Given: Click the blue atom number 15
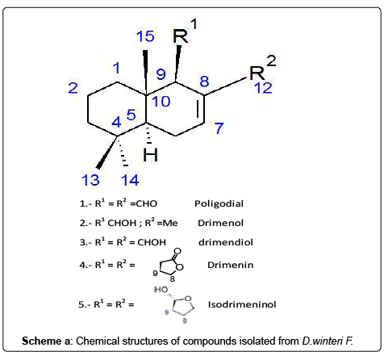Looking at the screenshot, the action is (145, 36).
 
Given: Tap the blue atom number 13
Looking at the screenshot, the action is (90, 180).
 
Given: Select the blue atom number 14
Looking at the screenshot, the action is (130, 180).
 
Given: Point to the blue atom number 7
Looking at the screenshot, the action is (219, 128).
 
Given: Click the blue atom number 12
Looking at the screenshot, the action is (263, 88).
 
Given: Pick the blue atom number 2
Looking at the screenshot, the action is (73, 88).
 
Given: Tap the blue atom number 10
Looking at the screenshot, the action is (161, 101).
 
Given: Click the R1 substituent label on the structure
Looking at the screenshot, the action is (185, 31).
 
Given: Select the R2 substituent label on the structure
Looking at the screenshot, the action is (262, 68).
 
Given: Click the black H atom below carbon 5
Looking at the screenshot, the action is (150, 155).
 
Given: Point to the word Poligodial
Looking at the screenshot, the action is (219, 203).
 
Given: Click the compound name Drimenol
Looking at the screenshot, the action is (220, 223).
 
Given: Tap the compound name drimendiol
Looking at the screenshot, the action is (226, 242).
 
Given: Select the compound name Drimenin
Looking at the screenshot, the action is (230, 265).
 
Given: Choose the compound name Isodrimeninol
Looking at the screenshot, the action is (242, 304).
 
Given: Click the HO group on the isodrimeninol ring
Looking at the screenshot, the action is (161, 290).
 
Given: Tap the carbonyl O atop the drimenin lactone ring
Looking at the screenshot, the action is (177, 251).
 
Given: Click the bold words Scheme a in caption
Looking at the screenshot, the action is (46, 341).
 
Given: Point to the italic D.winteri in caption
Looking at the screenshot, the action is (323, 341).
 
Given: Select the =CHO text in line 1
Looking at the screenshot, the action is (144, 203).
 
